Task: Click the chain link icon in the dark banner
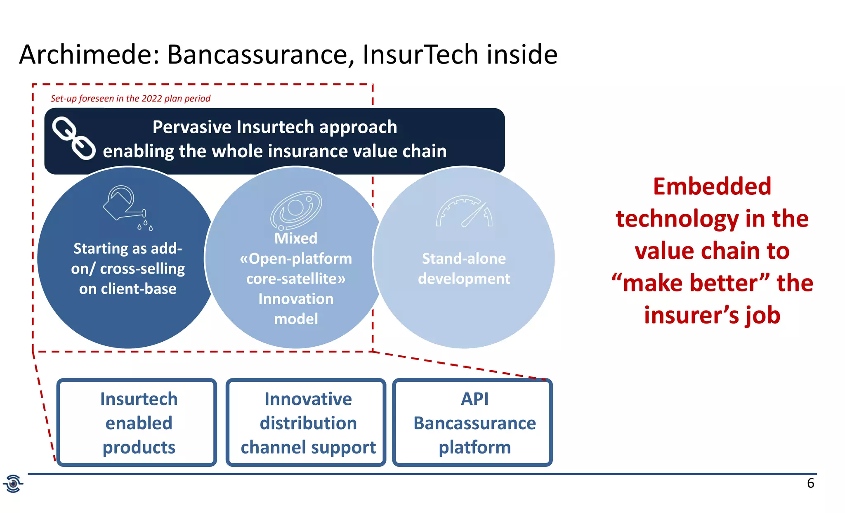click(x=74, y=138)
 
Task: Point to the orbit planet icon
click(x=295, y=210)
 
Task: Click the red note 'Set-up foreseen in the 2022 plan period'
click(x=130, y=99)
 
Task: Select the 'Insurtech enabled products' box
click(x=137, y=423)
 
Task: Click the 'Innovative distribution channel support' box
click(x=306, y=423)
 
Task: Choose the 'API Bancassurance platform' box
click(x=472, y=423)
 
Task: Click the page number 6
click(x=810, y=483)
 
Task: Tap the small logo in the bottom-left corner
click(x=13, y=483)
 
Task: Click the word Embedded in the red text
click(x=712, y=187)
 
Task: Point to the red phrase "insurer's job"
click(x=712, y=315)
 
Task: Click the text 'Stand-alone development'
click(x=464, y=268)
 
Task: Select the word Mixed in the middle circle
click(x=296, y=238)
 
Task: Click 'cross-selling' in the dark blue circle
click(x=142, y=269)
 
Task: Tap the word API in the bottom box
click(x=474, y=399)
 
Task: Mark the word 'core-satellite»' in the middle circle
click(x=296, y=279)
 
